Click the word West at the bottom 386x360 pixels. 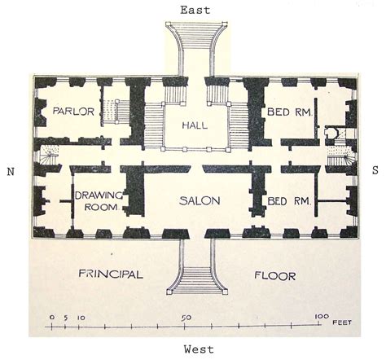click(x=199, y=349)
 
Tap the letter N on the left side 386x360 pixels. click(x=11, y=171)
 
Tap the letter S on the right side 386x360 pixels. click(x=375, y=171)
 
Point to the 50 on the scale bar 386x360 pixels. click(x=186, y=317)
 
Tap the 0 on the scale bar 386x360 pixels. click(x=51, y=317)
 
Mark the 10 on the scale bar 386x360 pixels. click(x=79, y=317)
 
